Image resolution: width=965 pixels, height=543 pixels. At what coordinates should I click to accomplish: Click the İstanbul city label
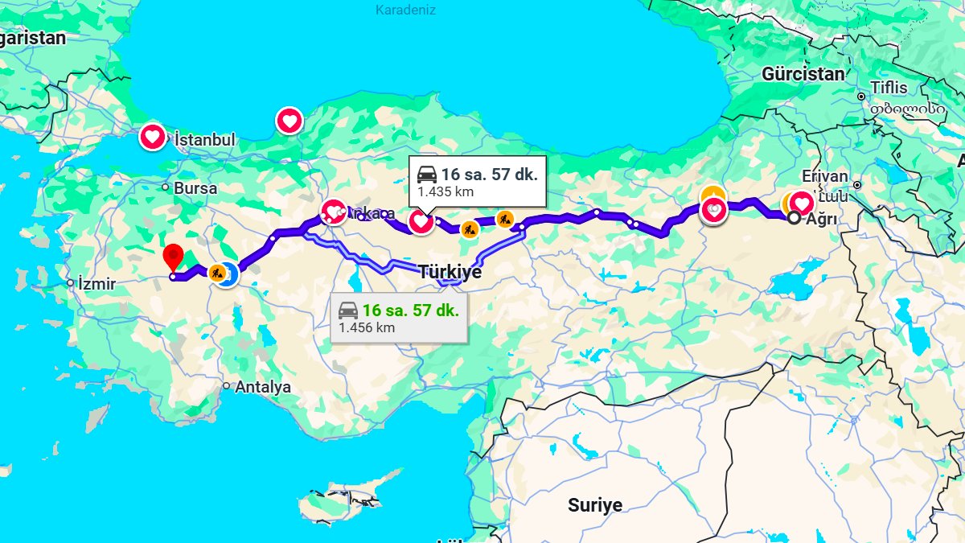pyautogui.click(x=205, y=140)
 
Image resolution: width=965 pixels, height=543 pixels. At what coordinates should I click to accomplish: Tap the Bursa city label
pyautogui.click(x=195, y=188)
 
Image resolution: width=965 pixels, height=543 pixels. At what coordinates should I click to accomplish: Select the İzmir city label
pyautogui.click(x=96, y=284)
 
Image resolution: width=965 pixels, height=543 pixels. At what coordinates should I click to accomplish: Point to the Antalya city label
pyautogui.click(x=263, y=387)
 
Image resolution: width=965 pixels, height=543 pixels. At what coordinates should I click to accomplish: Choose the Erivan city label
pyautogui.click(x=824, y=176)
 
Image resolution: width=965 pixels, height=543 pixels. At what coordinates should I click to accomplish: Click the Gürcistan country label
pyautogui.click(x=803, y=75)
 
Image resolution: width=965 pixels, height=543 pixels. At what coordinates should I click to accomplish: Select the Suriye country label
pyautogui.click(x=595, y=505)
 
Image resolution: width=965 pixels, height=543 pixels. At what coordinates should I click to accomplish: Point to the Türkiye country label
pyautogui.click(x=450, y=272)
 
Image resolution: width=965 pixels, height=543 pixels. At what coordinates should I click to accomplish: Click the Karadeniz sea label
pyautogui.click(x=405, y=10)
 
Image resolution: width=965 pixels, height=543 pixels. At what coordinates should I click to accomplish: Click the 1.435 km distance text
pyautogui.click(x=445, y=192)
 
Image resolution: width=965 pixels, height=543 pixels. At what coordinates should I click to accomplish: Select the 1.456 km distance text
pyautogui.click(x=366, y=327)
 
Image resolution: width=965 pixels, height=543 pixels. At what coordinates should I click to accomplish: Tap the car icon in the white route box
pyautogui.click(x=427, y=174)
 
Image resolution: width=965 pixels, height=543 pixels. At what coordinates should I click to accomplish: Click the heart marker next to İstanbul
pyautogui.click(x=152, y=138)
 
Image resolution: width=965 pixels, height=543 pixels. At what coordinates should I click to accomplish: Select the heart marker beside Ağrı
pyautogui.click(x=802, y=203)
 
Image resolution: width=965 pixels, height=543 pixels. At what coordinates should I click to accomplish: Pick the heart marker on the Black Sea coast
pyautogui.click(x=289, y=121)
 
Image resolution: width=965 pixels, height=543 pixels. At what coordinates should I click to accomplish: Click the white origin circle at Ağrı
pyautogui.click(x=794, y=218)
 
